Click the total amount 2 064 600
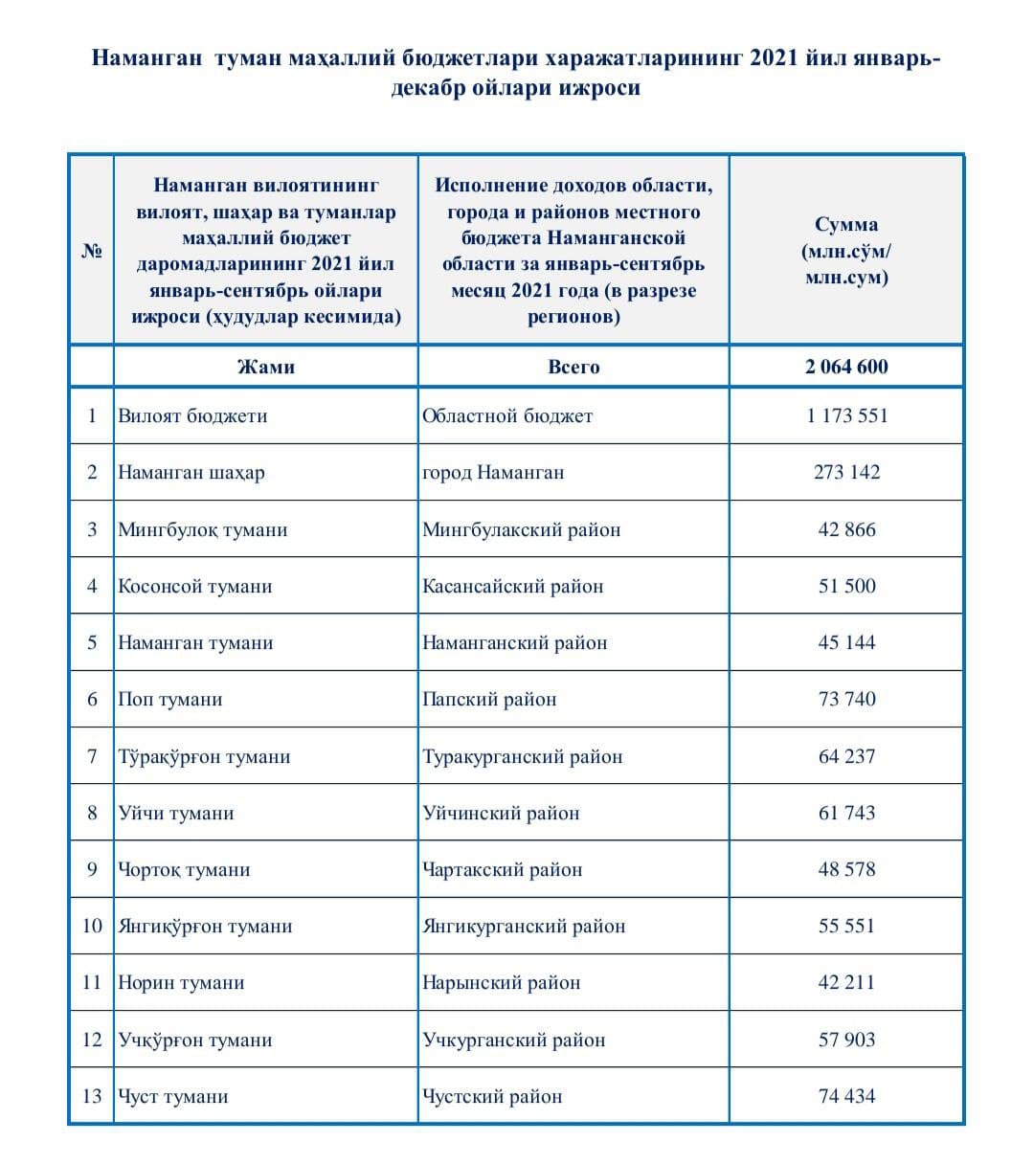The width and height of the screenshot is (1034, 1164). coord(846,367)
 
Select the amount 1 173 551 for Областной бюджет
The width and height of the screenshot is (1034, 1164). coord(846,415)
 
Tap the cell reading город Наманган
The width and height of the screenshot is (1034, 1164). coord(493,472)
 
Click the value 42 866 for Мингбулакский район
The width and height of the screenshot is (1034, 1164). coord(846,529)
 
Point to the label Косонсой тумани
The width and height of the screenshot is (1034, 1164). coord(195,586)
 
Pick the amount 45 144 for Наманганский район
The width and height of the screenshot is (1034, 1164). coord(846,642)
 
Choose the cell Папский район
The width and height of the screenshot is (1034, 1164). coord(489,699)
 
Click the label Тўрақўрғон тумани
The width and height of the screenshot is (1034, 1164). coord(204,756)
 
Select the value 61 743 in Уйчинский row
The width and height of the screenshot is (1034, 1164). coord(846,813)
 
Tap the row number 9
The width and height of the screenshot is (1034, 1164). coord(92,869)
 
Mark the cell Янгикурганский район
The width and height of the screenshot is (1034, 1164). coord(524,926)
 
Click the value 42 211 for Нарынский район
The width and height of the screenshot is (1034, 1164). coord(846,982)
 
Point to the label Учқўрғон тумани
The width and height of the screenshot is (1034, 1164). coord(195,1040)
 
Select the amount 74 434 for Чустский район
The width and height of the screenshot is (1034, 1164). coord(846,1096)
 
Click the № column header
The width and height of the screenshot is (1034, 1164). coord(92,252)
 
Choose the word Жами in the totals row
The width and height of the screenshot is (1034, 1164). coord(265,367)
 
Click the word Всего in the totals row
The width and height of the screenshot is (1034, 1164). coord(573,367)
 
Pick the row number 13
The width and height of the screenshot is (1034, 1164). coord(92,1096)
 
